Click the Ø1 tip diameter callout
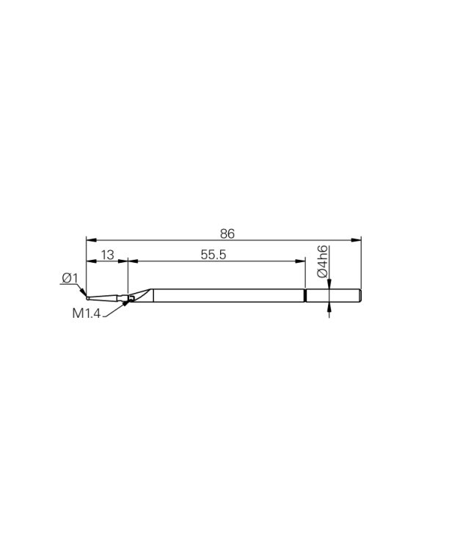pos(70,277)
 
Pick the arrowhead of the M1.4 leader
pos(126,302)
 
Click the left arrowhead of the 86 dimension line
pos(90,239)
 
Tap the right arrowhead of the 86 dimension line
pos(358,239)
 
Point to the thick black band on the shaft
pos(304,295)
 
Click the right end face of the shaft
pos(362,295)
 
